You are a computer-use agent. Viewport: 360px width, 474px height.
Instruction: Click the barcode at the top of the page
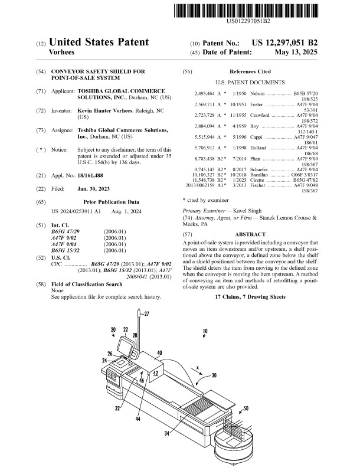(246, 11)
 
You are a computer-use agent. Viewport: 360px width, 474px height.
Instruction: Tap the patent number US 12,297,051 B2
(284, 43)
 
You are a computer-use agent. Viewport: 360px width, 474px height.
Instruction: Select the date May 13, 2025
(296, 53)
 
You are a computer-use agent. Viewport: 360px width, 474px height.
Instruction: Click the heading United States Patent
(99, 42)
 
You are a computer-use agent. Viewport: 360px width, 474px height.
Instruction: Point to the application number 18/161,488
(90, 176)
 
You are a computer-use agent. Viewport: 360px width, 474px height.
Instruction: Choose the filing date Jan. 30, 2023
(93, 189)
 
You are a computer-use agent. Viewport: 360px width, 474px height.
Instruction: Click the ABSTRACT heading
(250, 234)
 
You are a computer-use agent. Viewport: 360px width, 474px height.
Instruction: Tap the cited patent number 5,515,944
(204, 138)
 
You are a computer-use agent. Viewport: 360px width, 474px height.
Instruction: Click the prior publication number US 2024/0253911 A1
(76, 211)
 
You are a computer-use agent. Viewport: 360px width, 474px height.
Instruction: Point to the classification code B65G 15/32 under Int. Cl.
(66, 251)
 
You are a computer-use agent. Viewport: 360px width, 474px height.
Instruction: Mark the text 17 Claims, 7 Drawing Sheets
(250, 297)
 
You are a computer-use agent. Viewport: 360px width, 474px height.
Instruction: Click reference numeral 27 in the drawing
(146, 314)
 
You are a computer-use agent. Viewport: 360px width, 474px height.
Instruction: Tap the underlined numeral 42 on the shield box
(155, 373)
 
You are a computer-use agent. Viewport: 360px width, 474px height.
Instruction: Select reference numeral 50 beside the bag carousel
(246, 408)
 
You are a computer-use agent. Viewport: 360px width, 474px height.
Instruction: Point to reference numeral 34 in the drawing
(166, 433)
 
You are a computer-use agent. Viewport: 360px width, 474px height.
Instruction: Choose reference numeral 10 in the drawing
(205, 331)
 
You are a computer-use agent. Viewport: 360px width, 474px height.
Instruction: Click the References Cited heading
(250, 71)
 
